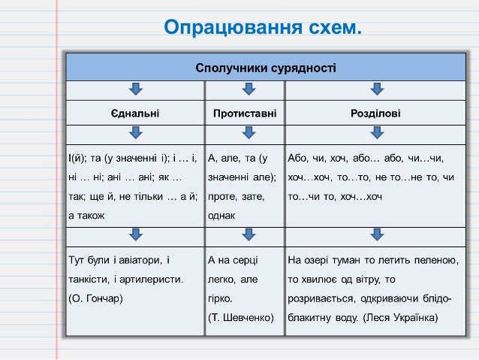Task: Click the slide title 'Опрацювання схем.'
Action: click(x=263, y=29)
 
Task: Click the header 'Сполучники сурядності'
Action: click(x=266, y=68)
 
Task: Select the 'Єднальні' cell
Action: click(x=135, y=113)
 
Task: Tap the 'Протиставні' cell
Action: click(x=245, y=113)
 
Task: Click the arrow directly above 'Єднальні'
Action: click(x=135, y=90)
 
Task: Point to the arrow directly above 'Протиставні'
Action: click(x=245, y=90)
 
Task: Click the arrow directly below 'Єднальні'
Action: click(x=135, y=135)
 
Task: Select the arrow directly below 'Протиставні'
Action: click(x=245, y=135)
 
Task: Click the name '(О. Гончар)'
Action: click(x=95, y=298)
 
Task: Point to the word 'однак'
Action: click(x=222, y=215)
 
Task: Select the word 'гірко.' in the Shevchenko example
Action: click(x=221, y=298)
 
